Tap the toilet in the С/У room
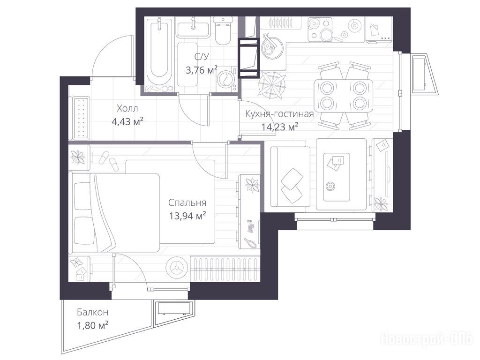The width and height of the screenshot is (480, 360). (x=223, y=30)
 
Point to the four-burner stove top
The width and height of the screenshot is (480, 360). (x=320, y=30)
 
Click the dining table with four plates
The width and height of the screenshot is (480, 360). (x=343, y=96)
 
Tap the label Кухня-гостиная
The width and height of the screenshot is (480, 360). (x=279, y=114)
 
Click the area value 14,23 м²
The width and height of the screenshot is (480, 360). (x=280, y=127)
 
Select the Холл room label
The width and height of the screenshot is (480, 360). (x=127, y=108)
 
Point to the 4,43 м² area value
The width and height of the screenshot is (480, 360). (x=127, y=122)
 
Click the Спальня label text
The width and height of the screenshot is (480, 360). (x=187, y=202)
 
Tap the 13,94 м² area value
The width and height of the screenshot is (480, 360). (x=187, y=216)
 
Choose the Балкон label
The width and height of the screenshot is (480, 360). (x=92, y=312)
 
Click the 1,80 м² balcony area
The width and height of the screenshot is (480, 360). (x=93, y=325)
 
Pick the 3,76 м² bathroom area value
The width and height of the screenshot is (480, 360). (x=202, y=70)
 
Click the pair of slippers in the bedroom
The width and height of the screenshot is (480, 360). (x=109, y=160)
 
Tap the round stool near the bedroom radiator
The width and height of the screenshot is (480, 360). (x=176, y=267)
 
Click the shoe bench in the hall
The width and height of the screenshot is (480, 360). (x=80, y=118)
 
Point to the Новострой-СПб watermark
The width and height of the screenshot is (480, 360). (x=427, y=339)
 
